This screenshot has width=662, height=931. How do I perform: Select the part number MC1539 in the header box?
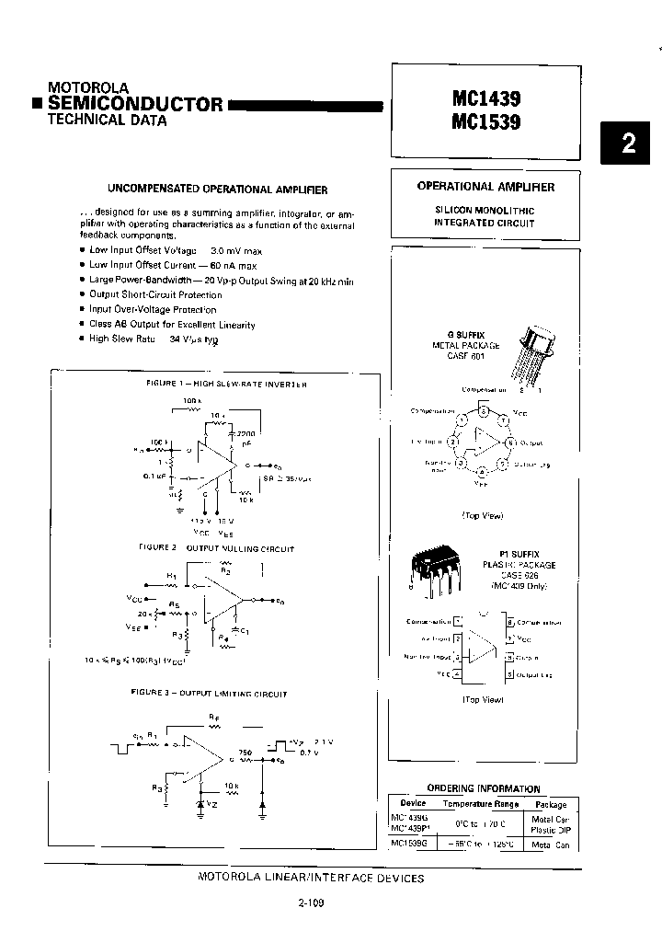tap(485, 121)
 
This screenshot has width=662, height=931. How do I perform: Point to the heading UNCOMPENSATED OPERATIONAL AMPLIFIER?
tap(217, 190)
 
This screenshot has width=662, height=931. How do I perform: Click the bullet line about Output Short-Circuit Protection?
tap(155, 294)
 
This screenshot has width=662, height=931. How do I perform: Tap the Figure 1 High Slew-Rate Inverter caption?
tap(226, 384)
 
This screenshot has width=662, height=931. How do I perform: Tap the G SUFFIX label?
tap(466, 335)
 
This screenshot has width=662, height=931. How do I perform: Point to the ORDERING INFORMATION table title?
tap(484, 788)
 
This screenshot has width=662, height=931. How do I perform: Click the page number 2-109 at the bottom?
tap(311, 902)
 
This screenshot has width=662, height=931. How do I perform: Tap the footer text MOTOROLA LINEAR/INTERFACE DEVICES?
tap(311, 878)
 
